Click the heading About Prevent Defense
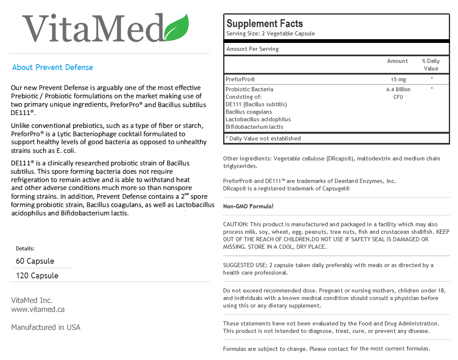point(53,67)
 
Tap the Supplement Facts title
point(264,24)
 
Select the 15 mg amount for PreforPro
point(398,79)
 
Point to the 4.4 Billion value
point(398,89)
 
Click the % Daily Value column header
point(431,65)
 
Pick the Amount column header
point(397,61)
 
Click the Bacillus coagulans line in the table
point(249,112)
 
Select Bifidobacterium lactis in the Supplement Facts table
point(254,127)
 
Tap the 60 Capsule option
point(35,261)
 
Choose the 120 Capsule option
point(37,276)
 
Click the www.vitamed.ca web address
point(38,309)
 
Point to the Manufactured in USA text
point(46,327)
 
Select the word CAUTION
point(235,224)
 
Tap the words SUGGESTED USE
point(244,265)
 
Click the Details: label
point(25,248)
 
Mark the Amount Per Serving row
point(252,49)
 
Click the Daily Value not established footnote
point(263,138)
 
